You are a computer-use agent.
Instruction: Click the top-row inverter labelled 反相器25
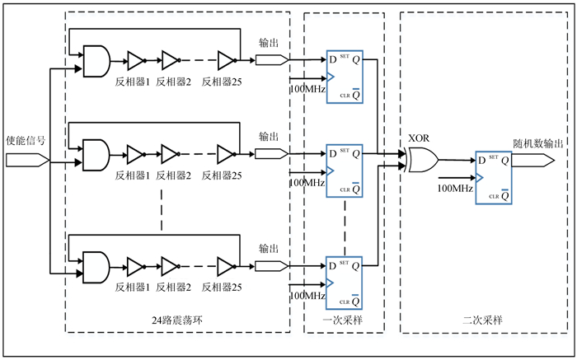(x=227, y=60)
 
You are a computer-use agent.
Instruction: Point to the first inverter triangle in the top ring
(x=134, y=60)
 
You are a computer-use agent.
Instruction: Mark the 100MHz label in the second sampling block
(x=455, y=189)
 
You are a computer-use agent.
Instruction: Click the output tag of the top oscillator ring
(x=271, y=60)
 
